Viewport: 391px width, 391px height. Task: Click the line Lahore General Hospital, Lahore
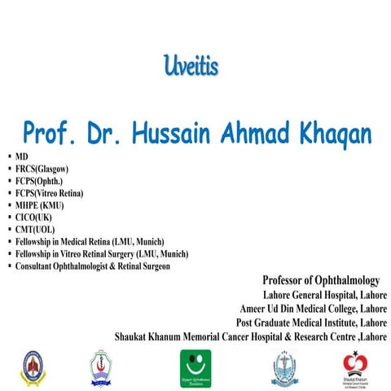(x=324, y=295)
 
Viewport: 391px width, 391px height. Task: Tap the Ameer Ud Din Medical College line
(x=313, y=309)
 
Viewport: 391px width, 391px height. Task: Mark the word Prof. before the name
(x=50, y=133)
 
